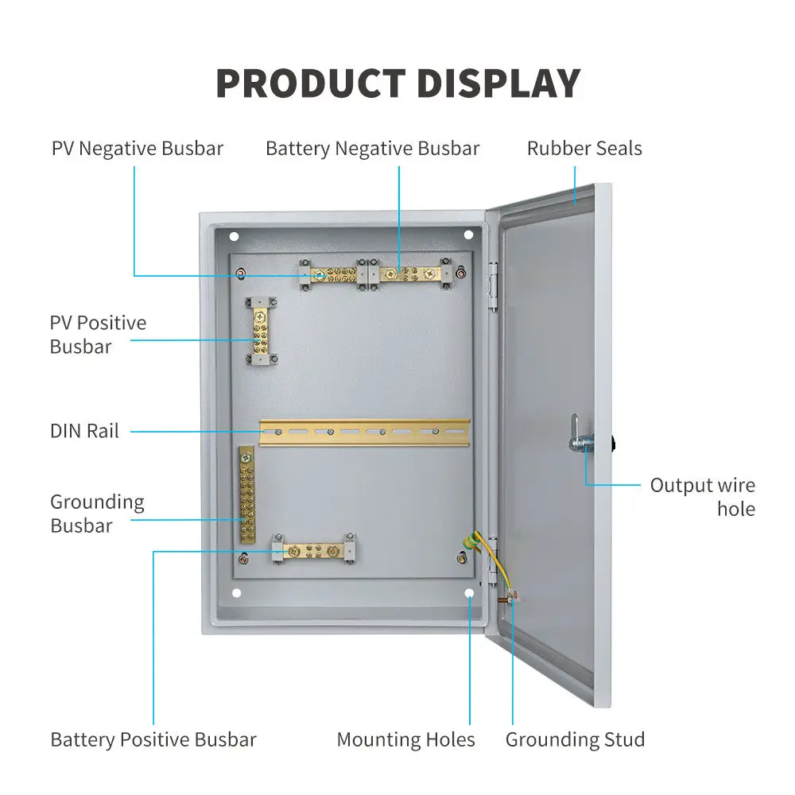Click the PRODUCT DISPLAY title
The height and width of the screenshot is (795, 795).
point(397,83)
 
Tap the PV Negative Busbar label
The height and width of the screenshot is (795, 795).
point(138,149)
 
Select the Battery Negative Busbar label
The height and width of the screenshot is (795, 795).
point(372,149)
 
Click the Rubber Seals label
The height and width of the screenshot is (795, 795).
point(584,149)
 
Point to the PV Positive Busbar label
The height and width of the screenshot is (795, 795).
point(98,335)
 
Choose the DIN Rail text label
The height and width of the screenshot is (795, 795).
point(84,431)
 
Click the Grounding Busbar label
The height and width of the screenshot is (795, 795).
point(97,514)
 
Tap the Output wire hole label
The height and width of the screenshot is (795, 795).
point(702,497)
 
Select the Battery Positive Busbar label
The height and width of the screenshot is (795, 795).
point(153,739)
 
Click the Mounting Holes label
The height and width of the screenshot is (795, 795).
point(405,739)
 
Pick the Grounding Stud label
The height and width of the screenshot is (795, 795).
point(575,739)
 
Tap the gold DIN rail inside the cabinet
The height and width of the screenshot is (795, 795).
point(364,432)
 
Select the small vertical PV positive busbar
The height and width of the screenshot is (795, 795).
point(260,332)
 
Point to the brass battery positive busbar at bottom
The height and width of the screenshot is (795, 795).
point(313,550)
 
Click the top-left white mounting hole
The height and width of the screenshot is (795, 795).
point(234,236)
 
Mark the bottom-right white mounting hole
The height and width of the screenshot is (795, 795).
point(469,593)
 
